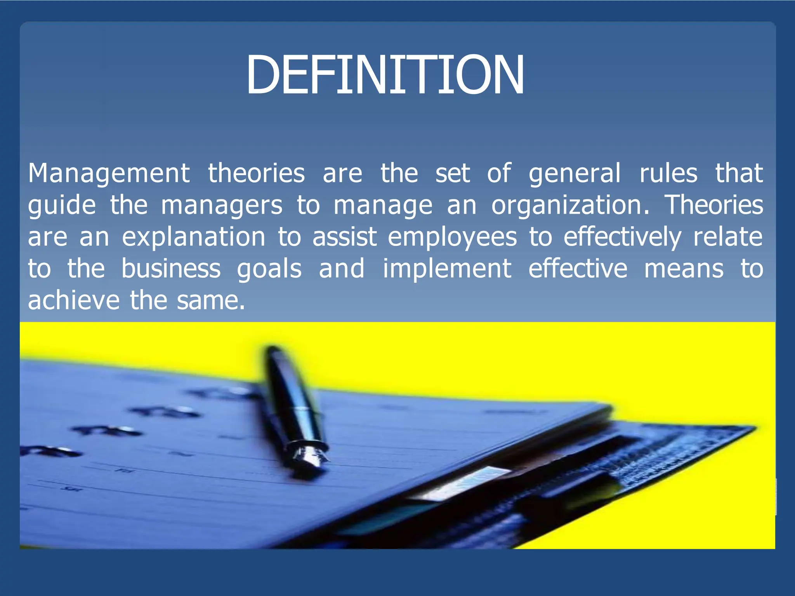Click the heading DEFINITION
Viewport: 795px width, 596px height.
pyautogui.click(x=385, y=74)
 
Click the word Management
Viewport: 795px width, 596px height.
pyautogui.click(x=109, y=173)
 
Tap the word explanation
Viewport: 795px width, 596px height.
pyautogui.click(x=194, y=237)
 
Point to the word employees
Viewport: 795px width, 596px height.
pyautogui.click(x=452, y=237)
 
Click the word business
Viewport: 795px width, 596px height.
pyautogui.click(x=171, y=269)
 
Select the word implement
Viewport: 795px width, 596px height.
pyautogui.click(x=447, y=269)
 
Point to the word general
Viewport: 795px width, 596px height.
pyautogui.click(x=575, y=173)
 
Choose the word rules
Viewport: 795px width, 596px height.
pyautogui.click(x=668, y=173)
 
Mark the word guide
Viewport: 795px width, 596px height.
pyautogui.click(x=62, y=205)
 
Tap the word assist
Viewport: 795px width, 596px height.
pyautogui.click(x=345, y=237)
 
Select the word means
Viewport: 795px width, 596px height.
pyautogui.click(x=684, y=269)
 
